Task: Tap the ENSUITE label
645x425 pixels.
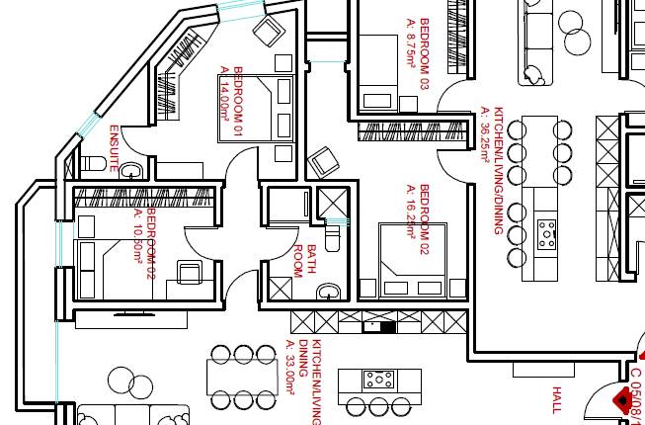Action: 114,148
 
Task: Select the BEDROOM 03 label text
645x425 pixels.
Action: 425,40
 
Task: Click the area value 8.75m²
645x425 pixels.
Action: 411,40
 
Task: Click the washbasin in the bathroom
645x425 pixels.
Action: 330,290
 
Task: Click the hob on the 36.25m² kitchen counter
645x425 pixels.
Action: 546,233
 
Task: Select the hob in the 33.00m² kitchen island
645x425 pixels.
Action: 379,379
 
